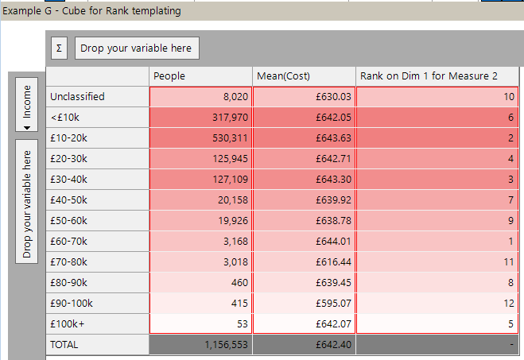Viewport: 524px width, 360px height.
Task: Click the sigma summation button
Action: click(x=58, y=48)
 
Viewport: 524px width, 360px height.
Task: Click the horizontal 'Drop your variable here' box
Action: click(x=138, y=48)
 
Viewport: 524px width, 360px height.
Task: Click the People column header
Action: click(x=200, y=75)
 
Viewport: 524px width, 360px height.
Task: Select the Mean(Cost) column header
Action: click(x=303, y=75)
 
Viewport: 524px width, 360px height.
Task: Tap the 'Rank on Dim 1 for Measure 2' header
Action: click(x=439, y=75)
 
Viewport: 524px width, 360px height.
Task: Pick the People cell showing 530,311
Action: click(x=200, y=137)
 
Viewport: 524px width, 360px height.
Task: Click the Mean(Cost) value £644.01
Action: click(x=303, y=241)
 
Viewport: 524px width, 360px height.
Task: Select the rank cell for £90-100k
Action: click(x=439, y=303)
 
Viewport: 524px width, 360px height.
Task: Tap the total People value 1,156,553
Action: click(x=200, y=345)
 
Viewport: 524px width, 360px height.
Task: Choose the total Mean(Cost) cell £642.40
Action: click(x=303, y=345)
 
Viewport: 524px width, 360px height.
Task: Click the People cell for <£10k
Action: click(x=200, y=117)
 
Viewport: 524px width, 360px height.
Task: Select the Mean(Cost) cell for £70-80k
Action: click(x=303, y=261)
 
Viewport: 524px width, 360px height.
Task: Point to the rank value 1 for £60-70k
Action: click(x=439, y=241)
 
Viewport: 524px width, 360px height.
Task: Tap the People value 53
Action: click(x=200, y=323)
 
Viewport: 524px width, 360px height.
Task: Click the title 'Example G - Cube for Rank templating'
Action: click(x=92, y=10)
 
